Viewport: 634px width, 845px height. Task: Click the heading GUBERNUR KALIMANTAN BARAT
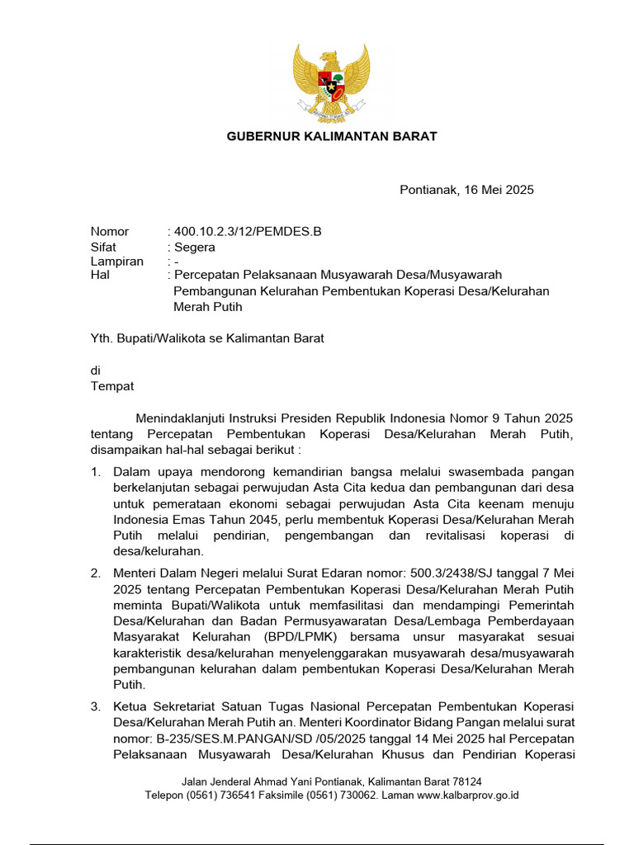coord(332,136)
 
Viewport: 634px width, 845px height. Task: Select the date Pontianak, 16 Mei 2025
coord(466,190)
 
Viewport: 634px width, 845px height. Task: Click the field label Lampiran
coord(116,262)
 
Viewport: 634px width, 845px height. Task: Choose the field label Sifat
coord(103,247)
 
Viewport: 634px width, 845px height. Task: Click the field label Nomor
coord(110,232)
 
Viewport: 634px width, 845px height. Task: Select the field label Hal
coord(100,276)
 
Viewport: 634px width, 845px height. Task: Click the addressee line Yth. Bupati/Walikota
coord(206,338)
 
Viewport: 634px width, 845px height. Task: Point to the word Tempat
coord(112,386)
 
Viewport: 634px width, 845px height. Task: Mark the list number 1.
coord(96,473)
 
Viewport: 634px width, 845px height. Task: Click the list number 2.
coord(96,573)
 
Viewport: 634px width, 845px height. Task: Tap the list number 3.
coord(96,706)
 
